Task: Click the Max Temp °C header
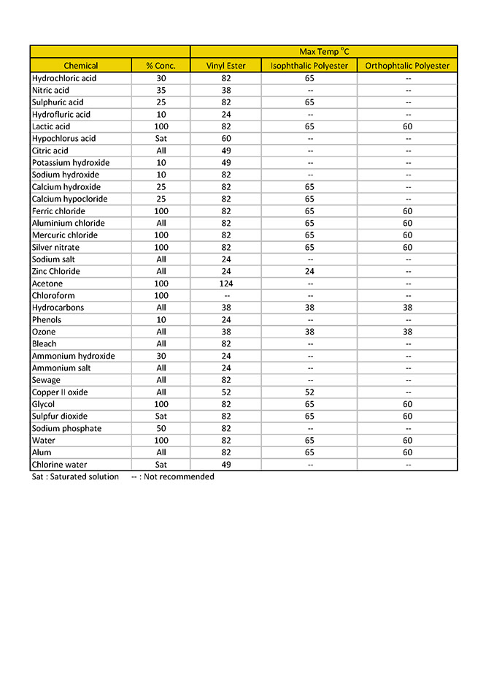pos(324,52)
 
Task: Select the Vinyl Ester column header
pos(225,66)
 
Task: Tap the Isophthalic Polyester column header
pos(309,66)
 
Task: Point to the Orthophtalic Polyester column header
pos(407,66)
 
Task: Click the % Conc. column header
pos(161,66)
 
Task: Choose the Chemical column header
pos(80,66)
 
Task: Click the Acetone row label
pos(47,284)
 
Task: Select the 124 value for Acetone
pos(225,284)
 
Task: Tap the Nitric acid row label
pos(50,91)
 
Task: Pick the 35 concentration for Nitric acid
pos(161,91)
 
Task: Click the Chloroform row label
pos(53,296)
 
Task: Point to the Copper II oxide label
pos(60,392)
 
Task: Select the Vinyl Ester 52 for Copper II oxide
pos(225,392)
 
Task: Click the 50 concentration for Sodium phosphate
pos(161,429)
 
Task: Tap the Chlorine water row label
pos(59,465)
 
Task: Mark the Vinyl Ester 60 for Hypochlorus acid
pos(225,139)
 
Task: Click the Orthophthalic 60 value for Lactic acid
pos(407,126)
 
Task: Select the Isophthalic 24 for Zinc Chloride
pos(309,272)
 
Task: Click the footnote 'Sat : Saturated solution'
pos(75,477)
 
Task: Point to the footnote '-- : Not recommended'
pos(172,477)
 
